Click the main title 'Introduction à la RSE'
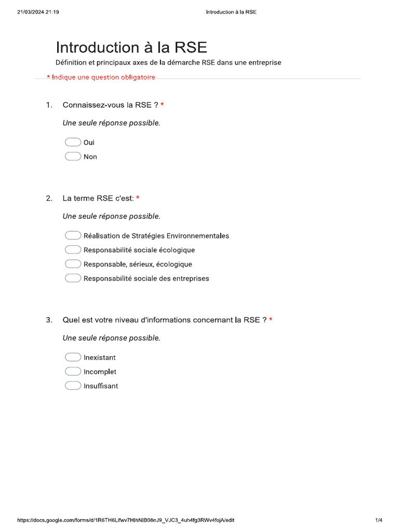[x=131, y=48]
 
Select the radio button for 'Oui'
[x=73, y=142]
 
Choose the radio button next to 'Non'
[x=73, y=157]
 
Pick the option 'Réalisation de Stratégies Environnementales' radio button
[x=73, y=235]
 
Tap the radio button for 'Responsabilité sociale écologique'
[x=73, y=250]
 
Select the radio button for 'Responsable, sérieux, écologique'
[x=73, y=264]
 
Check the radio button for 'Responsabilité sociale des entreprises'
[x=73, y=278]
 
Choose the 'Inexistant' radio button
[x=73, y=357]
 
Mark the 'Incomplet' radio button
[x=73, y=372]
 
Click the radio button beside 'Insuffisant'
[x=73, y=386]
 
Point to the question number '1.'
[x=49, y=105]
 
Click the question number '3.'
[x=49, y=320]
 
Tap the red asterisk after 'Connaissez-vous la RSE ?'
[x=163, y=105]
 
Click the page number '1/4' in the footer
[x=379, y=520]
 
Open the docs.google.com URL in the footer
[x=129, y=520]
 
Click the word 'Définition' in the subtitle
[x=72, y=63]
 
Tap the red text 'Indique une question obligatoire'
[x=103, y=78]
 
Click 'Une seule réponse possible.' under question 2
[x=111, y=216]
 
